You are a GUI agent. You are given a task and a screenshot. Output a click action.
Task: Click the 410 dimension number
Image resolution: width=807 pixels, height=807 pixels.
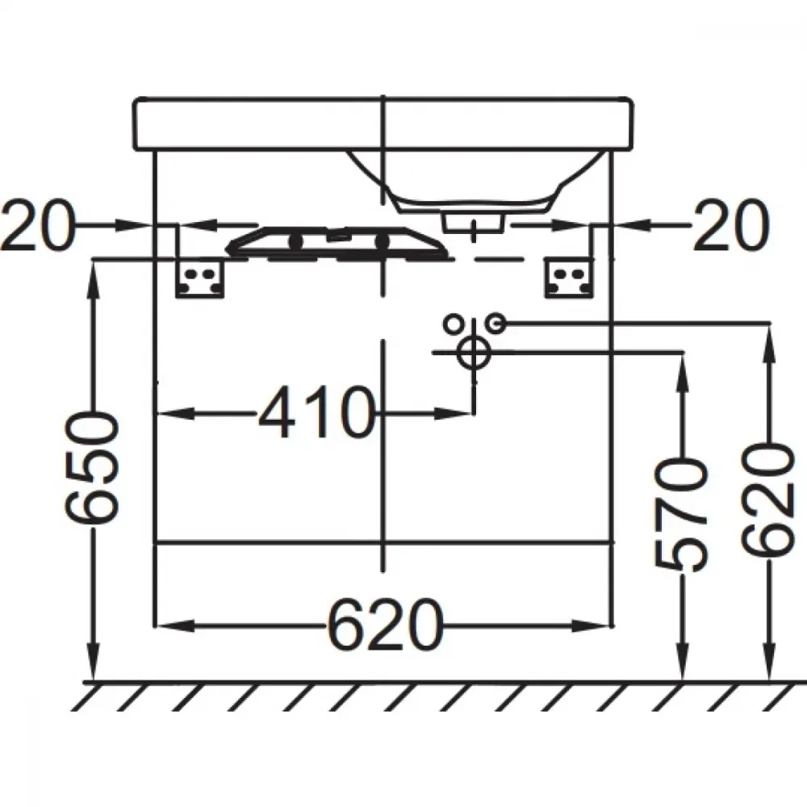click(315, 412)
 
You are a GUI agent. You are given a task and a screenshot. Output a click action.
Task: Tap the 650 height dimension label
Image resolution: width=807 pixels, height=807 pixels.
click(94, 470)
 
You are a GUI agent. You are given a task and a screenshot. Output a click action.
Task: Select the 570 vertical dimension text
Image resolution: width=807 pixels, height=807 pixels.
click(682, 515)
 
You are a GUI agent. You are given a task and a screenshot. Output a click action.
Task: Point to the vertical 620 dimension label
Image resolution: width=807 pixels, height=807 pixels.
click(768, 502)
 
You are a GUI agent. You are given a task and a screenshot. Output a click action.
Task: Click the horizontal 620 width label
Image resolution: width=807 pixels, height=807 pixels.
click(385, 625)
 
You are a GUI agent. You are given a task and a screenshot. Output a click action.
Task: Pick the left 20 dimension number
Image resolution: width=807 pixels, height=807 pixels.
click(38, 225)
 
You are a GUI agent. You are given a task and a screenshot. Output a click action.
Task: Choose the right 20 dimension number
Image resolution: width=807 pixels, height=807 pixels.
click(731, 225)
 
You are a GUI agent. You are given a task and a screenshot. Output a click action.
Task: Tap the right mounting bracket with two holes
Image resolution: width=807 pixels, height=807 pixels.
click(569, 278)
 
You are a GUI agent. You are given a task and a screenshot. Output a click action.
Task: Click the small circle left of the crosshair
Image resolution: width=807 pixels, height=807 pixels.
click(453, 324)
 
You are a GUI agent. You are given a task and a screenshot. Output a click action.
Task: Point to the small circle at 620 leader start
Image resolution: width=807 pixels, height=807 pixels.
click(497, 324)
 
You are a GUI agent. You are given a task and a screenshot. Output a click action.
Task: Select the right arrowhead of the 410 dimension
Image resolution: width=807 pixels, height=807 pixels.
click(454, 412)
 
